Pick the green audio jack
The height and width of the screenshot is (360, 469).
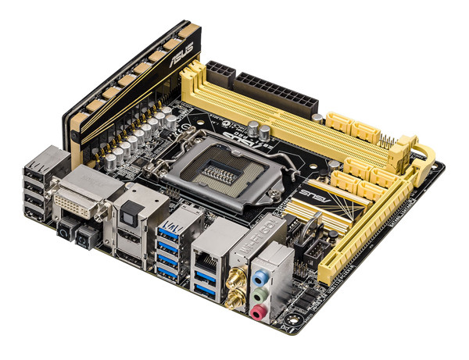pos(259,294)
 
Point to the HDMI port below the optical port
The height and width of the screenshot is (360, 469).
pos(134,238)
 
